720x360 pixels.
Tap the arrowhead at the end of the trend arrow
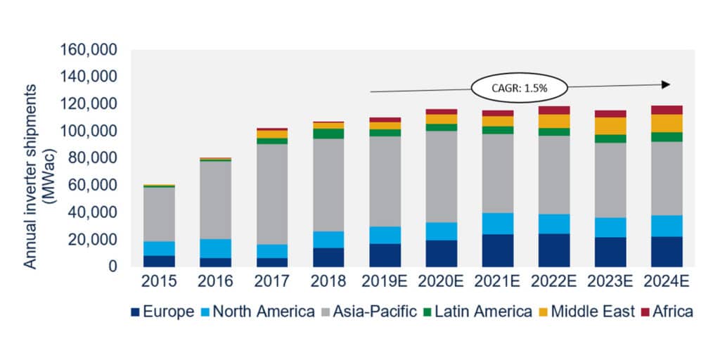click(667, 84)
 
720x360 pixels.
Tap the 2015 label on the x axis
click(158, 282)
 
